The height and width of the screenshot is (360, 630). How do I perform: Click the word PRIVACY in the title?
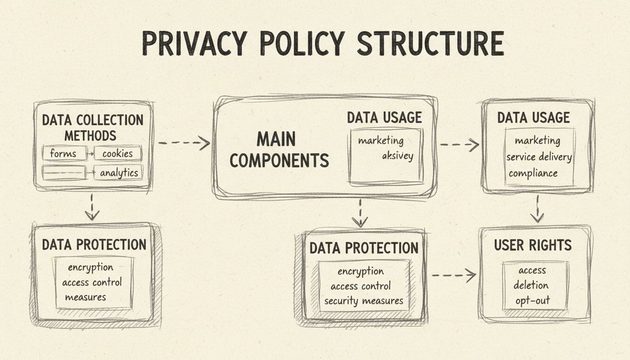(x=193, y=45)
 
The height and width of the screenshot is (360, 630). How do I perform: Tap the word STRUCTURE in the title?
(x=430, y=45)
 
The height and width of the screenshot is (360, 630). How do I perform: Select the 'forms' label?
(x=63, y=154)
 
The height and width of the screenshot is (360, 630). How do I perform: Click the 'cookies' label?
(x=117, y=154)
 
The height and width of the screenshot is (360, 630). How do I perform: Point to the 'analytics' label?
(x=119, y=173)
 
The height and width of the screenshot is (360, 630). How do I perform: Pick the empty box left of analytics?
(x=64, y=172)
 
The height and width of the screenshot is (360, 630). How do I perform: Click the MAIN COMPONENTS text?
(x=279, y=150)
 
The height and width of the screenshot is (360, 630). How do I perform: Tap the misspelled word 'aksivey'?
(x=397, y=156)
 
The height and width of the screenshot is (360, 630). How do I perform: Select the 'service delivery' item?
(x=539, y=157)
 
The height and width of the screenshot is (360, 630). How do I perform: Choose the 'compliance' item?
(x=533, y=173)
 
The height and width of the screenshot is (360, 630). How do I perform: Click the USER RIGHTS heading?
(x=533, y=245)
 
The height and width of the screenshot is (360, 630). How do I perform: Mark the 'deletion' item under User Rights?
(x=531, y=285)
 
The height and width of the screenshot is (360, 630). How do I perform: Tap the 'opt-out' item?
(x=532, y=300)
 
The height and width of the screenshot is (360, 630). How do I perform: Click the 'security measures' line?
(x=363, y=301)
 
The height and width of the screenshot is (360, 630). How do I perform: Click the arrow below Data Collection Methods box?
(x=92, y=207)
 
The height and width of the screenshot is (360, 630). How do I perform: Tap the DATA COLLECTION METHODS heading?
(x=92, y=127)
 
